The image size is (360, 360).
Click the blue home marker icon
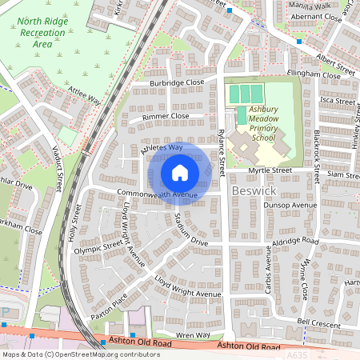(180, 173)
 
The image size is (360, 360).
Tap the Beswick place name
(254, 192)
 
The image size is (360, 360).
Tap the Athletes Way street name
(162, 147)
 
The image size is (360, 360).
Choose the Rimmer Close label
(166, 116)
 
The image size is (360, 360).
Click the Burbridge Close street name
(178, 82)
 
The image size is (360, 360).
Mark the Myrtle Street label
(269, 170)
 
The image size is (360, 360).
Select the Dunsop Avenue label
(290, 205)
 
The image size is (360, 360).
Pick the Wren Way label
(194, 335)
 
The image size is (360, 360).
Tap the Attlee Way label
(85, 97)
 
